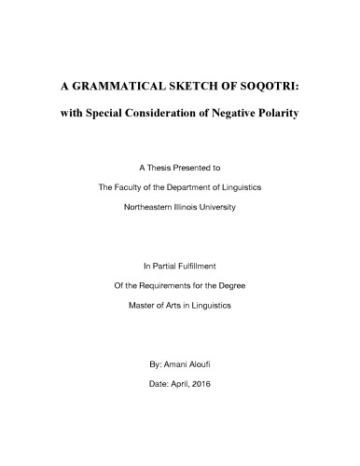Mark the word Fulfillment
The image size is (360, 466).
click(199, 266)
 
